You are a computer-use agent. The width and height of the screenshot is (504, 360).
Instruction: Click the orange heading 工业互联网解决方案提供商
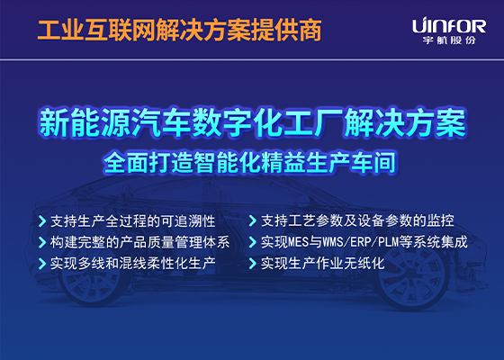pyautogui.click(x=178, y=31)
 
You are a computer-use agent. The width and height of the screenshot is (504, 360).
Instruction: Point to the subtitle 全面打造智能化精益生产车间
pyautogui.click(x=251, y=164)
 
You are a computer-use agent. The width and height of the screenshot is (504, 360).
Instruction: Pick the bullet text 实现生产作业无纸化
pyautogui.click(x=322, y=265)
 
